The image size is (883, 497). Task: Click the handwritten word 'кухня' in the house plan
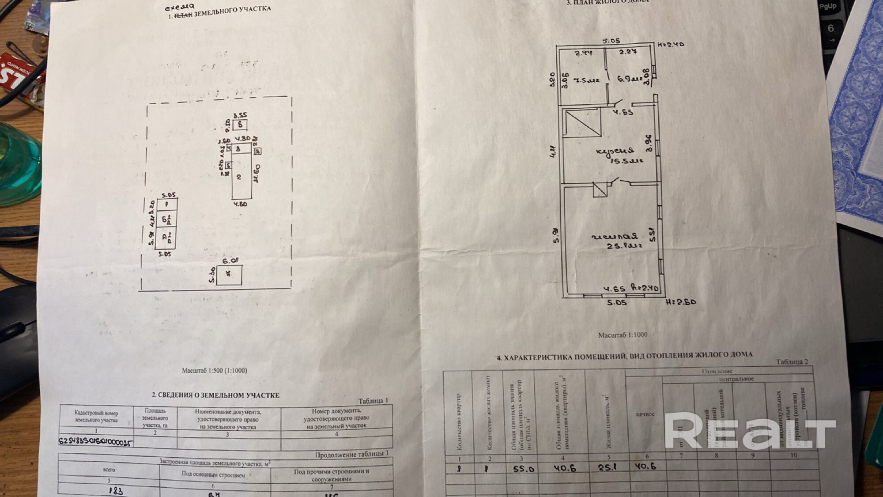pyautogui.click(x=615, y=151)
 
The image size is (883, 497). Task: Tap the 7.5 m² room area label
pyautogui.click(x=586, y=80)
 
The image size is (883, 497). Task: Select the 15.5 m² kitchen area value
pyautogui.click(x=626, y=161)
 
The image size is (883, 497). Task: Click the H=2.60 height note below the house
pyautogui.click(x=681, y=302)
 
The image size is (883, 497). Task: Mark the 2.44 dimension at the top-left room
pyautogui.click(x=583, y=53)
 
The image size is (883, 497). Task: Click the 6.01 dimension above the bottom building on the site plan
pyautogui.click(x=230, y=261)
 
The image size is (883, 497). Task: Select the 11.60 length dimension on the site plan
pyautogui.click(x=257, y=173)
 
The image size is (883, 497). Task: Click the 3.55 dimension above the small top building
pyautogui.click(x=240, y=116)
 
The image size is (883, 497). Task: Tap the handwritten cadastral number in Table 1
pyautogui.click(x=95, y=442)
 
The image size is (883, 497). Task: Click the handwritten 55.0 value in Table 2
pyautogui.click(x=523, y=469)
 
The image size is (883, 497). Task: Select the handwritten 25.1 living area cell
pyautogui.click(x=607, y=467)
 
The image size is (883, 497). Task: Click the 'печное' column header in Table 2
pyautogui.click(x=645, y=414)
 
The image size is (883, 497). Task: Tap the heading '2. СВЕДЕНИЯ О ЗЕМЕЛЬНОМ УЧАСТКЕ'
pyautogui.click(x=215, y=395)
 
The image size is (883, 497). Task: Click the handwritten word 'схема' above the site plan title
pyautogui.click(x=180, y=7)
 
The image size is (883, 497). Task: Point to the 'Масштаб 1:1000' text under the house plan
pyautogui.click(x=623, y=335)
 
